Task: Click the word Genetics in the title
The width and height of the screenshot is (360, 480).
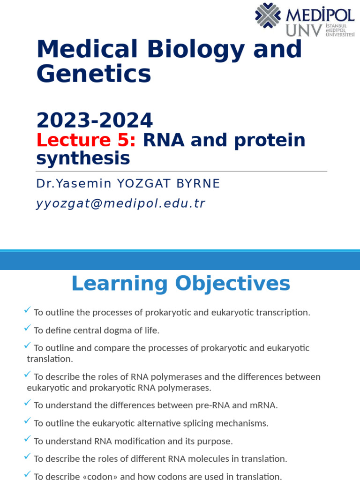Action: pos(94,74)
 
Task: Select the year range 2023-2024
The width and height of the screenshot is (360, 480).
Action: pos(95,120)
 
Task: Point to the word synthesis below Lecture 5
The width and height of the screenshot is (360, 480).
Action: pos(83,158)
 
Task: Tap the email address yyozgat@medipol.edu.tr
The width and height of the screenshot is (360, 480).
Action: pos(120,203)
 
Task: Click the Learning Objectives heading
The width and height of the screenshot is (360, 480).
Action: pos(180,284)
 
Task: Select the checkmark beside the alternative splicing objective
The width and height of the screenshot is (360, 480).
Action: pos(27,421)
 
